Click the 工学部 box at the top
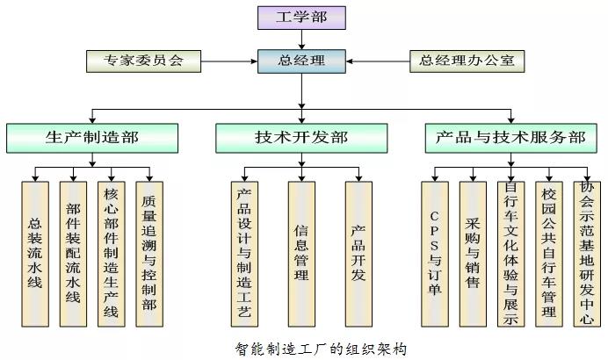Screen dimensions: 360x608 pyautogui.click(x=301, y=17)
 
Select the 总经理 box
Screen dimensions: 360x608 pyautogui.click(x=301, y=61)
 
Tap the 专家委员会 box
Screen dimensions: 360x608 pyautogui.click(x=144, y=61)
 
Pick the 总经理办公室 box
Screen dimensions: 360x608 pyautogui.click(x=467, y=61)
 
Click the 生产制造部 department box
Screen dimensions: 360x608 pyautogui.click(x=92, y=137)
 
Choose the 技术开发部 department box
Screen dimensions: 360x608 pyautogui.click(x=300, y=137)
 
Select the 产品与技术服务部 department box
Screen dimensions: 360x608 pyautogui.click(x=510, y=137)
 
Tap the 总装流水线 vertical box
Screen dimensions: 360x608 pyautogui.click(x=35, y=255)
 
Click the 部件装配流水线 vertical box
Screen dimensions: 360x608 pyautogui.click(x=73, y=255)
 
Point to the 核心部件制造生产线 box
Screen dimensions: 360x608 pyautogui.click(x=111, y=255)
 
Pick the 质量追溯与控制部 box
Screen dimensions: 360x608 pyautogui.click(x=148, y=255)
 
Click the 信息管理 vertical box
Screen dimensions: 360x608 pyautogui.click(x=300, y=255)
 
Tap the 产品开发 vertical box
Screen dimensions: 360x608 pyautogui.click(x=358, y=255)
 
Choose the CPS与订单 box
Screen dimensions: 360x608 pyautogui.click(x=434, y=255)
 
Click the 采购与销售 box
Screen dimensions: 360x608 pyautogui.click(x=473, y=255)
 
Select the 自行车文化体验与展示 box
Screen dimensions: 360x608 pyautogui.click(x=510, y=255)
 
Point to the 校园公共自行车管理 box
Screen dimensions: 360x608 pyautogui.click(x=548, y=255)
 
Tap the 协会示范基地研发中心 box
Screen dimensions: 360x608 pyautogui.click(x=586, y=255)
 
